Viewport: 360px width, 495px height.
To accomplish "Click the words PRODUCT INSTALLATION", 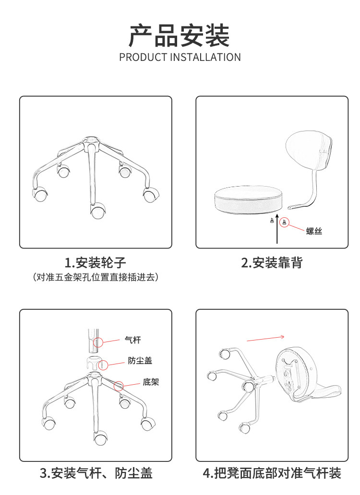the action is (x=180, y=58).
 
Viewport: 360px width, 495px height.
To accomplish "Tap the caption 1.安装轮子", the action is (x=95, y=263).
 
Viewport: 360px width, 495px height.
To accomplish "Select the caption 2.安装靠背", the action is (x=272, y=263).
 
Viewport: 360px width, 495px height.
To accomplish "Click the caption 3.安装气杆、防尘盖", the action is (x=96, y=473).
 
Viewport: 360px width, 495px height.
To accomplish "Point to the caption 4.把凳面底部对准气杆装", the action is (x=272, y=473).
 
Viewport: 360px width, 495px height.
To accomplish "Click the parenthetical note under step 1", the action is (x=95, y=277).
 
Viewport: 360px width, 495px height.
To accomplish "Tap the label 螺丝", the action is (x=314, y=231).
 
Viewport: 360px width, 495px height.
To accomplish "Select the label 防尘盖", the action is (x=140, y=361).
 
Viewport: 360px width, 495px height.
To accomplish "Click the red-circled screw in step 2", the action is (x=285, y=222).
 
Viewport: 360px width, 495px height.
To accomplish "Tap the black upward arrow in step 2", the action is (x=276, y=230).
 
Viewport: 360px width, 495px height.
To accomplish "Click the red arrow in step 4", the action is (x=266, y=338).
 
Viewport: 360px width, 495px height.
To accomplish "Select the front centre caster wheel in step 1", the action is (x=97, y=211).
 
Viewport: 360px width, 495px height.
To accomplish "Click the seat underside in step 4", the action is (x=295, y=374).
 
